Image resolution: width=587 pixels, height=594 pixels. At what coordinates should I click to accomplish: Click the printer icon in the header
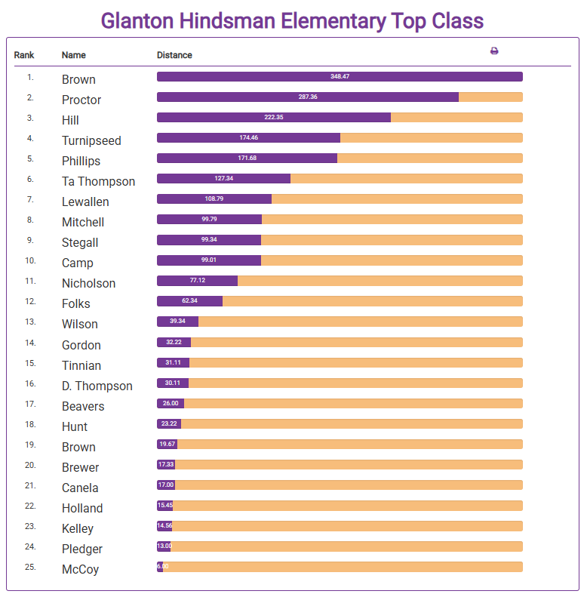pyautogui.click(x=494, y=51)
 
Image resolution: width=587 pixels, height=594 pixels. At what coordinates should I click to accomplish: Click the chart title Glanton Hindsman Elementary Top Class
pyautogui.click(x=292, y=20)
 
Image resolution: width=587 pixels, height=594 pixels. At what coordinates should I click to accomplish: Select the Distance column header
pyautogui.click(x=174, y=55)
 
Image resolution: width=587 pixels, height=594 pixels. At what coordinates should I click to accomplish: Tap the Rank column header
pyautogui.click(x=24, y=55)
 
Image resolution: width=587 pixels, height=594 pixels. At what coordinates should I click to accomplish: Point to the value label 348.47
pyautogui.click(x=340, y=77)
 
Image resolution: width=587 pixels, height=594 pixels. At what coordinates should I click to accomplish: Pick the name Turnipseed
pyautogui.click(x=91, y=140)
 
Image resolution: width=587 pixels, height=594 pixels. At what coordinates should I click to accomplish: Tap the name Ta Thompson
pyautogui.click(x=98, y=181)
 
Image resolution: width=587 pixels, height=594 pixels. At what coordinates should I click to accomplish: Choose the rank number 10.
pyautogui.click(x=30, y=260)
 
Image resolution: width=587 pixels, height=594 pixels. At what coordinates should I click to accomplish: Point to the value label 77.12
pyautogui.click(x=197, y=281)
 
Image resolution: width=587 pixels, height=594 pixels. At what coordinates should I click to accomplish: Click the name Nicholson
pyautogui.click(x=88, y=283)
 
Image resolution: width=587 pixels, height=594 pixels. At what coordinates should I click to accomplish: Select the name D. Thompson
pyautogui.click(x=97, y=386)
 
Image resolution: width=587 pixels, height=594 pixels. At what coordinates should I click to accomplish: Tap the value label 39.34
pyautogui.click(x=177, y=322)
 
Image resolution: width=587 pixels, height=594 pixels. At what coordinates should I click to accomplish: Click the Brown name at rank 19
pyautogui.click(x=78, y=447)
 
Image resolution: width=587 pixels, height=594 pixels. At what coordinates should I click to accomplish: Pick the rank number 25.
pyautogui.click(x=30, y=567)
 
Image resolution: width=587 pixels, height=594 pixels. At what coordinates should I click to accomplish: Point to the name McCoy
pyautogui.click(x=80, y=569)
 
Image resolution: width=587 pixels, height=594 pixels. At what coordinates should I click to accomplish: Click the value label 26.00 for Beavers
pyautogui.click(x=171, y=403)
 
